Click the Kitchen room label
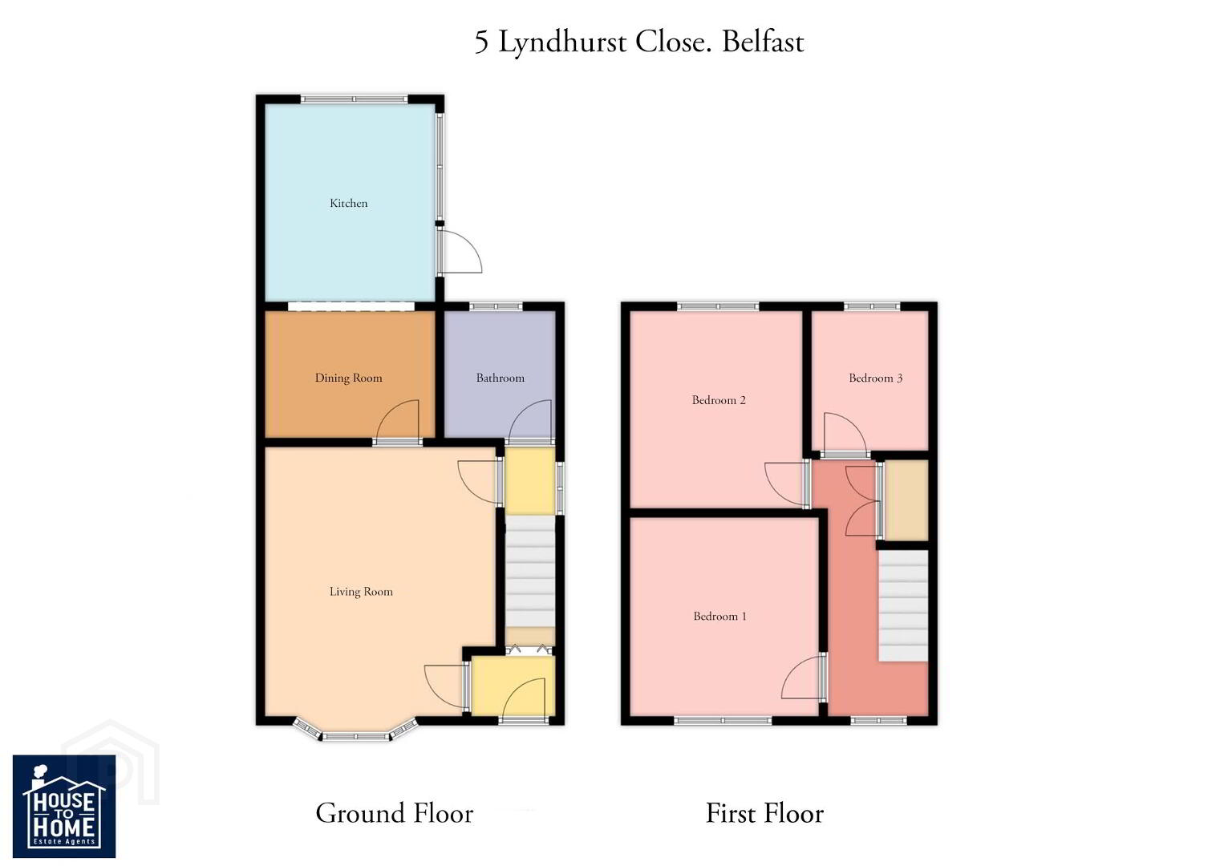[x=349, y=203]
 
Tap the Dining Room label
[x=349, y=378]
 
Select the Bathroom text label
[x=500, y=378]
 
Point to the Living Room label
[x=361, y=592]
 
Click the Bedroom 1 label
[x=719, y=617]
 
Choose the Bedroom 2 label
[x=719, y=400]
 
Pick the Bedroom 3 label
[x=875, y=378]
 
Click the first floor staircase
[x=903, y=606]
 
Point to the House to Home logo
[x=64, y=807]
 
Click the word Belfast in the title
[x=763, y=42]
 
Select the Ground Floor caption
[x=395, y=813]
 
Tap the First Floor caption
[x=764, y=813]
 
